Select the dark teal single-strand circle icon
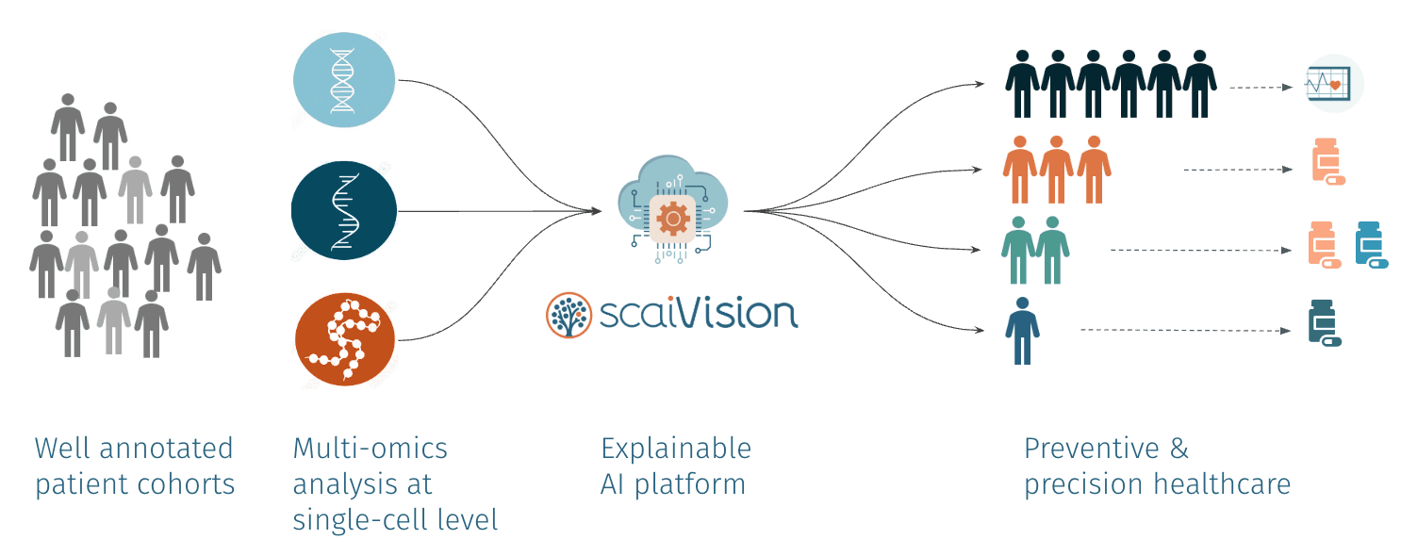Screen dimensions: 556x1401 344,213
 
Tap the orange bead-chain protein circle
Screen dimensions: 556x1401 345,340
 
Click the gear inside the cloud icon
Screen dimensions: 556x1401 673,219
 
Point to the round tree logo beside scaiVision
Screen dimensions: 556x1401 569,315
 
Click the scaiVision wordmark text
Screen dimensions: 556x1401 699,314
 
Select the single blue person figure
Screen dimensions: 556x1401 1022,330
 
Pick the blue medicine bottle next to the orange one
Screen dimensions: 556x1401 1370,243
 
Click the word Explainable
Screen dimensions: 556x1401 676,449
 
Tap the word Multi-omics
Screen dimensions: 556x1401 371,449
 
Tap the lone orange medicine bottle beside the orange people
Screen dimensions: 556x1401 1327,162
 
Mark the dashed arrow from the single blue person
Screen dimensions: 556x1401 1184,330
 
